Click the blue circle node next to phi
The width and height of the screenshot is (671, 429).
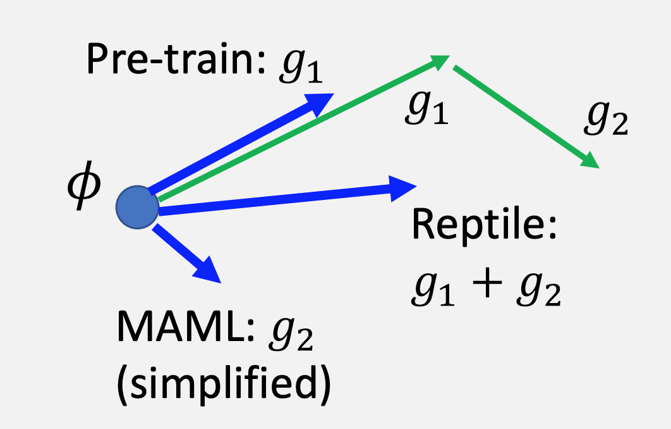click(138, 208)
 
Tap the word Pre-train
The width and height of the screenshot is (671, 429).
click(171, 61)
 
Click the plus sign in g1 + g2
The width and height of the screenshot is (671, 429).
click(485, 290)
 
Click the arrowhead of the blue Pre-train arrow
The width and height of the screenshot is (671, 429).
click(320, 103)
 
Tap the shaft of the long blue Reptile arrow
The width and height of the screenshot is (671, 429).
click(272, 199)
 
